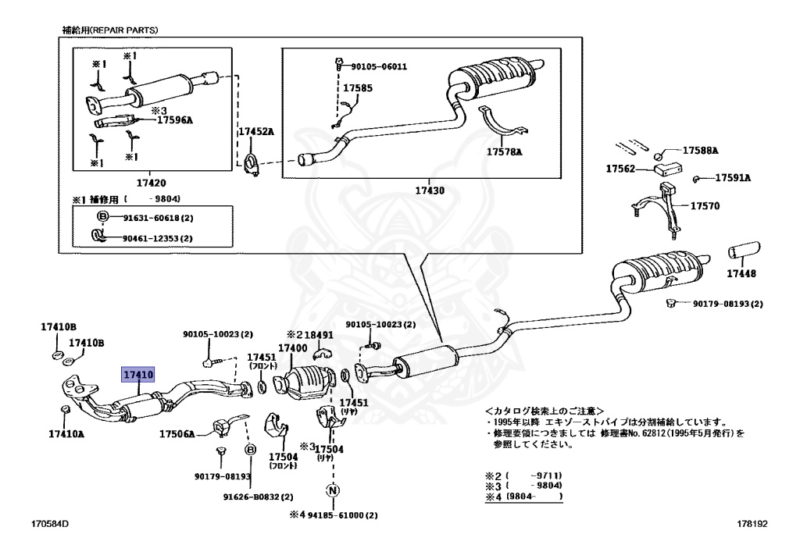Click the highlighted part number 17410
pos(137,376)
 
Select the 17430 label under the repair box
pos(430,190)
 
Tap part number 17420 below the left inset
pos(152,183)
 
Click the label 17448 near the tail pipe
pos(741,273)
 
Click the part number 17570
pos(704,207)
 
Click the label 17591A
pos(732,178)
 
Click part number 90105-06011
pos(379,66)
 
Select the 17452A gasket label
pos(256,133)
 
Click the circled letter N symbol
pos(332,491)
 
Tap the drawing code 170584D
pos(50,525)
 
